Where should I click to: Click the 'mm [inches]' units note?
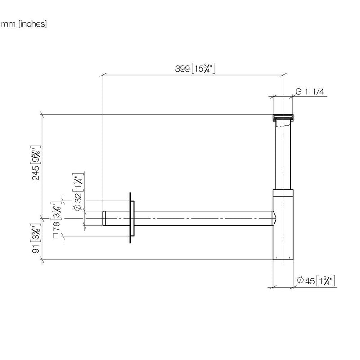24,24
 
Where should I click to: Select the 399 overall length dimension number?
183,69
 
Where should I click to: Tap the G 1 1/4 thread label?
310,92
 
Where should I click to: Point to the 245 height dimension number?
36,173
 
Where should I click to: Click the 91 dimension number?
36,249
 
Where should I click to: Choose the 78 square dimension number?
56,226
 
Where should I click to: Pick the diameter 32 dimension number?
78,198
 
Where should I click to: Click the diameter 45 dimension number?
310,281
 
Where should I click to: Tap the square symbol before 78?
56,236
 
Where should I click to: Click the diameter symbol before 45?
300,280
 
